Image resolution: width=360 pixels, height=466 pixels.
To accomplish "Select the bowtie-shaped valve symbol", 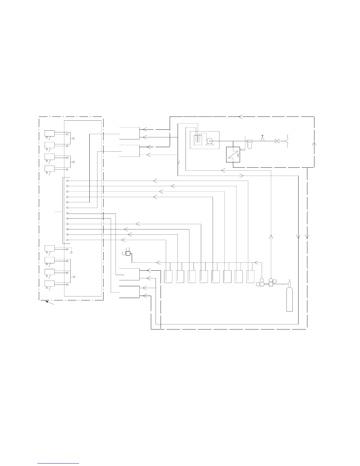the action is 277,141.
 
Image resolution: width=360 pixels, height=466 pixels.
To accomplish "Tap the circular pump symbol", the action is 210,141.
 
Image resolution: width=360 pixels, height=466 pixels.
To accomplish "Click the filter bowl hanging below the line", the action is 250,144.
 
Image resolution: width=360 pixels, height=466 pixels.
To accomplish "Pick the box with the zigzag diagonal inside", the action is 233,154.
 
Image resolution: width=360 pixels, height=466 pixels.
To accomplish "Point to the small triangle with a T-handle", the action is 263,139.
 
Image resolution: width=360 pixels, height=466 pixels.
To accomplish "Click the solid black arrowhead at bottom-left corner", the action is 47,302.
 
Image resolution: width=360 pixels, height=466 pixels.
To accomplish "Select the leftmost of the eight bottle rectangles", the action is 168,277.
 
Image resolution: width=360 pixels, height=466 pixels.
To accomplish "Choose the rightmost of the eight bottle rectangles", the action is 250,277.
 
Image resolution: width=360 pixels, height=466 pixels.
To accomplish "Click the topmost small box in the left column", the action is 49,134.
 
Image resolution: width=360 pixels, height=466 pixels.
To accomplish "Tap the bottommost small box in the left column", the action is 49,284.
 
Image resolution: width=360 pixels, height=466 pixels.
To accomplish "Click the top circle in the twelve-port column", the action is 68,181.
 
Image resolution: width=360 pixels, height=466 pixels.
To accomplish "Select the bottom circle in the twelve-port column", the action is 68,240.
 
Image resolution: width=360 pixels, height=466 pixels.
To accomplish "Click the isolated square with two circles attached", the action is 128,253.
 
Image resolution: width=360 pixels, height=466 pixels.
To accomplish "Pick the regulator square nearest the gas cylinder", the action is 271,284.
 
